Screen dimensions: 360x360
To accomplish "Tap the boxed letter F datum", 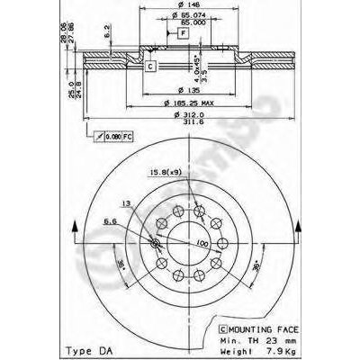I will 183,32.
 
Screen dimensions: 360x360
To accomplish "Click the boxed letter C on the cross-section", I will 150,67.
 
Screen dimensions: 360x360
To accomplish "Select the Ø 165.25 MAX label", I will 184,103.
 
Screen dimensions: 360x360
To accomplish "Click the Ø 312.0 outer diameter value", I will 184,115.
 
